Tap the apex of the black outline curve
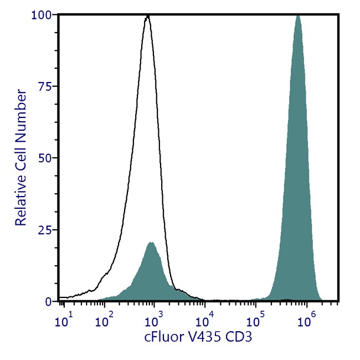coord(147,17)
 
